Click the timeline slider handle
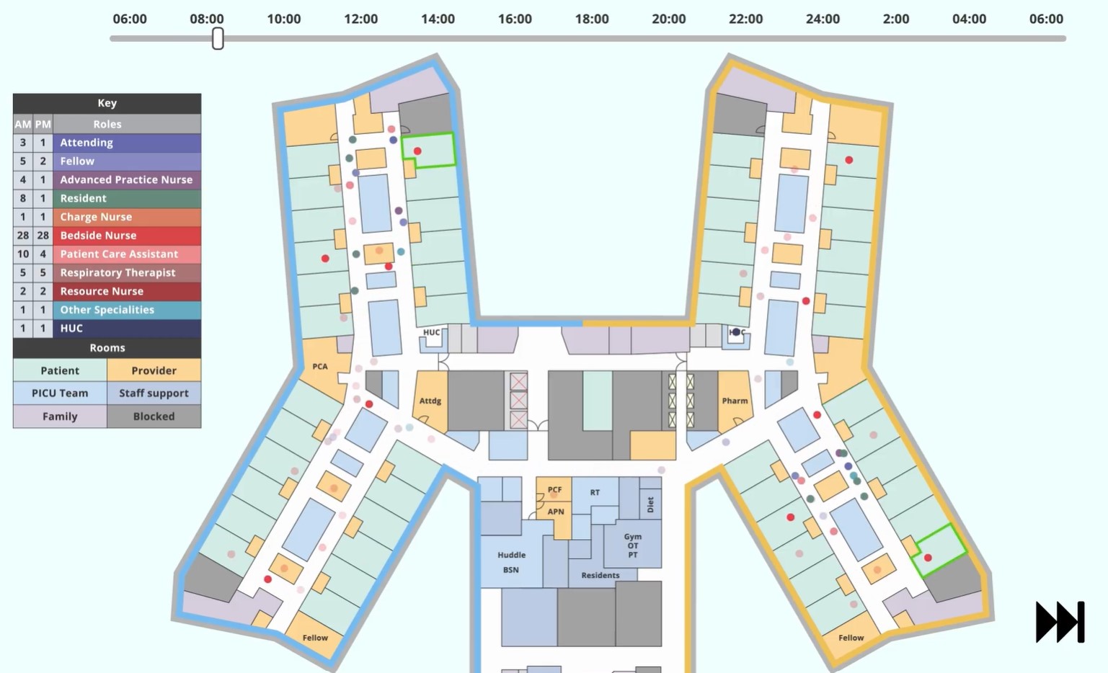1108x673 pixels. (x=218, y=39)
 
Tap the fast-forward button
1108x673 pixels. (x=1060, y=622)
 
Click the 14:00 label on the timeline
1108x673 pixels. (x=438, y=19)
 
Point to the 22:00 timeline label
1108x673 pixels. (x=745, y=19)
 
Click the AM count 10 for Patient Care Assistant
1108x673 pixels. (x=23, y=254)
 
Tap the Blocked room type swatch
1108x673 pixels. (x=154, y=416)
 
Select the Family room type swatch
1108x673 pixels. (x=60, y=416)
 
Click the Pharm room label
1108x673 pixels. (x=735, y=401)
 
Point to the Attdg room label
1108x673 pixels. (x=430, y=401)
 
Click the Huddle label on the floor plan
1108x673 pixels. (x=511, y=555)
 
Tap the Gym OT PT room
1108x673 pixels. (x=633, y=545)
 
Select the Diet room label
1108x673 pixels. (x=650, y=504)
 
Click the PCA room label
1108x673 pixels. (x=320, y=367)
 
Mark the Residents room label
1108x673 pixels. (x=600, y=575)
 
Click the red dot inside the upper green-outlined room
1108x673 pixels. (x=417, y=151)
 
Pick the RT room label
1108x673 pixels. (x=595, y=493)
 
